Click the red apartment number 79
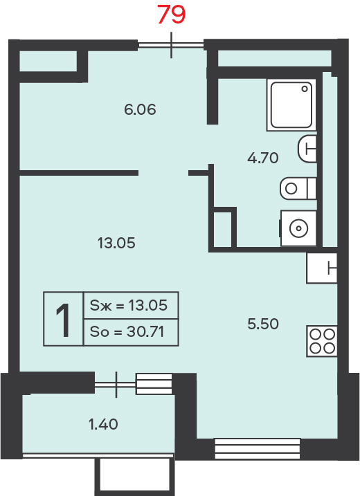pos(171,15)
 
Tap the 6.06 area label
pos(140,110)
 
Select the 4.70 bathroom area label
pos(263,158)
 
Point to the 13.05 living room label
pos(116,243)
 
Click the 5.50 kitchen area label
pos(263,324)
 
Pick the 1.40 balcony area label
pos(103,424)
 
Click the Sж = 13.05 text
pos(129,305)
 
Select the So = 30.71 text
pos(127,332)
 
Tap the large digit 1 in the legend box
pos(63,320)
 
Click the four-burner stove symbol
pos(322,341)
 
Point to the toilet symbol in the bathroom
pos(298,188)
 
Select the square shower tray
pos(291,104)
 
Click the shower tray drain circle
pos(305,89)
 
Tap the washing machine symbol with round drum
pos(298,228)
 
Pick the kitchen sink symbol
pos(322,268)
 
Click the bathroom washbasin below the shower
pos(307,149)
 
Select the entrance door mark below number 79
pos(171,45)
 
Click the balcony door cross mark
pos(116,385)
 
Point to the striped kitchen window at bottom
pos(258,448)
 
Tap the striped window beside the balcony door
pos(154,384)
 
